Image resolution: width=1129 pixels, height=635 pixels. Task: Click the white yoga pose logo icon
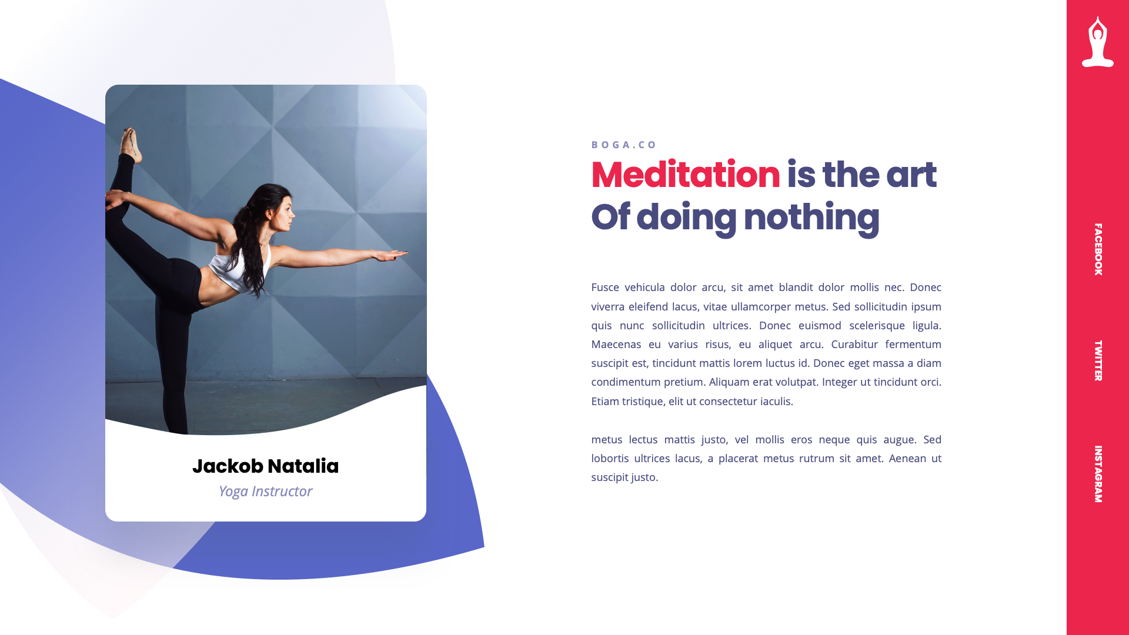click(1097, 42)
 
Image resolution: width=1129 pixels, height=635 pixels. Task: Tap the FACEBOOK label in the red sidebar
click(1098, 249)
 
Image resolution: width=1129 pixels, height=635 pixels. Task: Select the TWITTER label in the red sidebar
click(1098, 360)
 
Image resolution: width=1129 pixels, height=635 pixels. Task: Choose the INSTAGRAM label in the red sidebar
click(1098, 474)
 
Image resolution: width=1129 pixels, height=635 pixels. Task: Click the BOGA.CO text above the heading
click(624, 145)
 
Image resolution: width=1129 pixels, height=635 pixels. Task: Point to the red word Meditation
click(685, 175)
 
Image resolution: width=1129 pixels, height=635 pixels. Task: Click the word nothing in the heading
click(811, 218)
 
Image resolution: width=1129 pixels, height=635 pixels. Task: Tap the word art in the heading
click(911, 175)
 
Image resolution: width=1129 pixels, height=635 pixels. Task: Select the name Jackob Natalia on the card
click(265, 466)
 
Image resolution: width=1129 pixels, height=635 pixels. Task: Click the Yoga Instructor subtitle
click(265, 492)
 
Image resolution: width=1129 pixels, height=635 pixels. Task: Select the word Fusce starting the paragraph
click(605, 288)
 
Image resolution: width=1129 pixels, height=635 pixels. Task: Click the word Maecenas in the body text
click(616, 345)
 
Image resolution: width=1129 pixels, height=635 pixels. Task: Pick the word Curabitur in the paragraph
click(854, 345)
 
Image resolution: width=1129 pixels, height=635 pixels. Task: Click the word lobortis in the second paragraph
click(609, 459)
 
